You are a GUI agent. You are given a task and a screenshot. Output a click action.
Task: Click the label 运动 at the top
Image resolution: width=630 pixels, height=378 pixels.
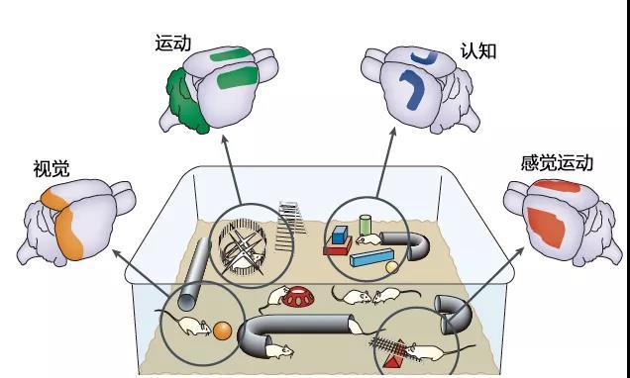(173, 43)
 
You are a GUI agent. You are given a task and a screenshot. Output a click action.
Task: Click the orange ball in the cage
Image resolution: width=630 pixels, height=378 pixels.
(222, 331)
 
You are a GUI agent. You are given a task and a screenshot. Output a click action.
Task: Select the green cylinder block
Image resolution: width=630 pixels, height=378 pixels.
(365, 226)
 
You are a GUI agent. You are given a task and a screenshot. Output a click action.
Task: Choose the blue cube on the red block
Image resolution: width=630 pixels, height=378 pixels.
(340, 236)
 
